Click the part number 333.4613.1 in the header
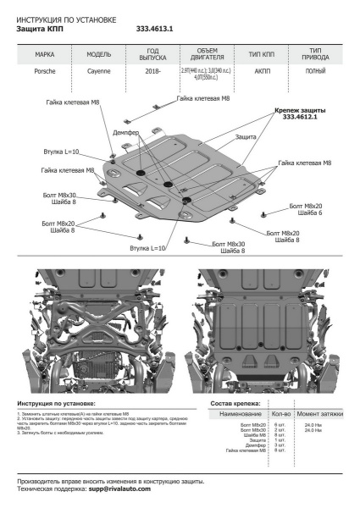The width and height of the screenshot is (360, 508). point(154,28)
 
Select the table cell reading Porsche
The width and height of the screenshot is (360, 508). point(45,73)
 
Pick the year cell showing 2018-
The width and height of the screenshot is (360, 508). point(153,73)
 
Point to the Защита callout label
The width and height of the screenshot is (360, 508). point(246,136)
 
